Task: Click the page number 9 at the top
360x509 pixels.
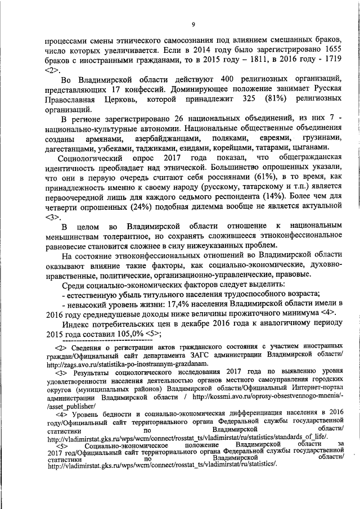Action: click(192, 24)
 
